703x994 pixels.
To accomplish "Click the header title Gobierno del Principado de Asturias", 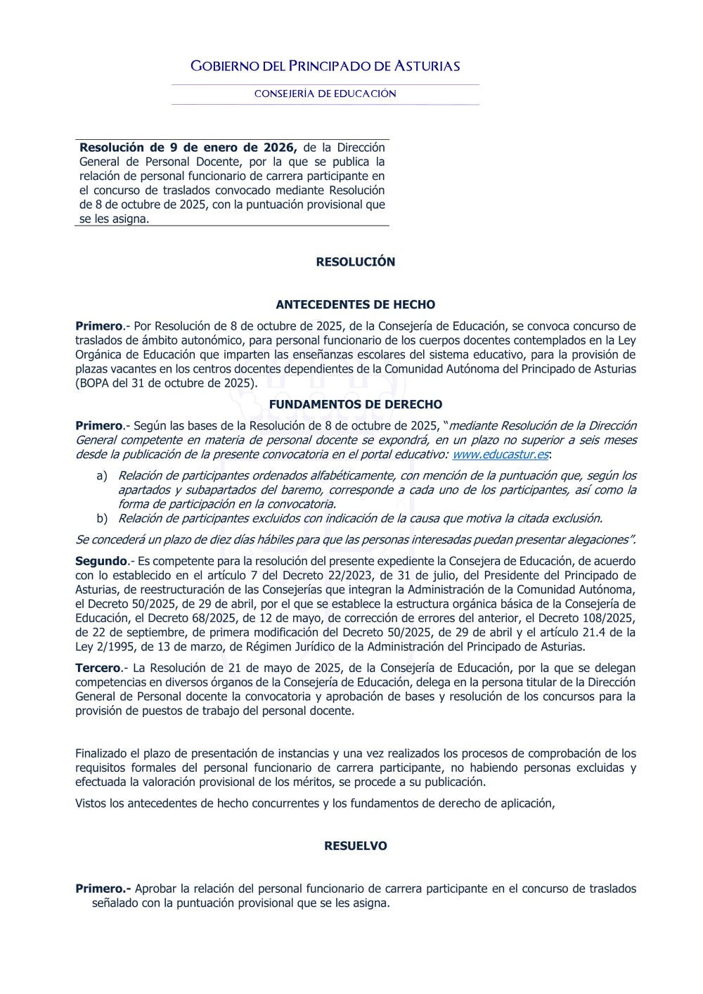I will pos(325,66).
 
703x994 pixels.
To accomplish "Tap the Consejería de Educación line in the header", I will pos(325,93).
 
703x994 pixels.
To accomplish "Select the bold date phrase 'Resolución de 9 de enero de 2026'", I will pos(187,148).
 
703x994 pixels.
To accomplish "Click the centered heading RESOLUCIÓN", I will pos(355,262).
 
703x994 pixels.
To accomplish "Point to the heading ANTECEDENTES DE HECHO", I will pos(355,304).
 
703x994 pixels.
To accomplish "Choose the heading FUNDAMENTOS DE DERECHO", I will pos(355,404).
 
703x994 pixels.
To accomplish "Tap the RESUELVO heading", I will pos(355,846).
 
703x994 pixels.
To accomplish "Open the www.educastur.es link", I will pos(500,454).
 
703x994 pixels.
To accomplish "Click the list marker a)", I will pos(102,476).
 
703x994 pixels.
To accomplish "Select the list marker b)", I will pos(102,519).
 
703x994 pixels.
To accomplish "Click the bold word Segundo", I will pos(101,561).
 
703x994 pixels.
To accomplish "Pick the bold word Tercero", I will pos(98,668).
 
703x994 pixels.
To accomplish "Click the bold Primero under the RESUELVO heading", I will pos(103,889).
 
